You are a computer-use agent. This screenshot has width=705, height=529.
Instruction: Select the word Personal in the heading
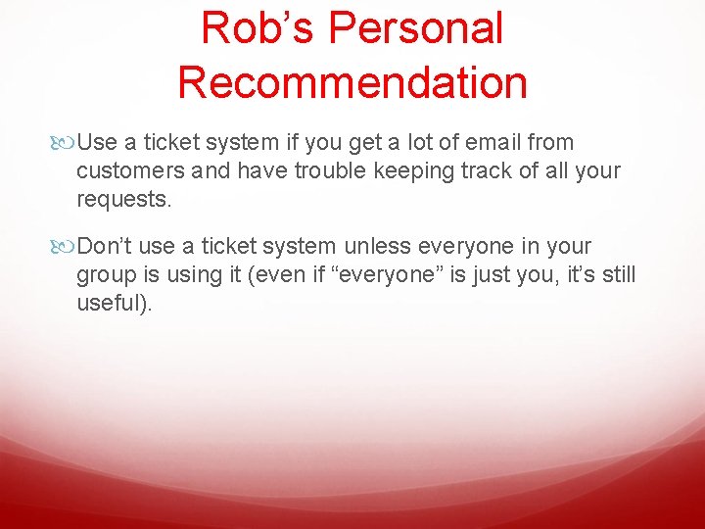click(415, 28)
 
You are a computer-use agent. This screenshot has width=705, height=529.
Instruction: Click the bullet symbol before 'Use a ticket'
click(67, 143)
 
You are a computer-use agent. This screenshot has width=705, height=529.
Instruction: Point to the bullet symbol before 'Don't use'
click(67, 247)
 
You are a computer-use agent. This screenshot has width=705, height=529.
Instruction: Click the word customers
click(123, 171)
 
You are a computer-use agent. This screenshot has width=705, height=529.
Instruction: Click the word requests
click(123, 200)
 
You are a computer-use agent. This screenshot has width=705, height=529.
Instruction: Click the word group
click(104, 275)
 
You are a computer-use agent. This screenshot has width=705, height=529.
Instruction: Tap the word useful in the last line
click(111, 304)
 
